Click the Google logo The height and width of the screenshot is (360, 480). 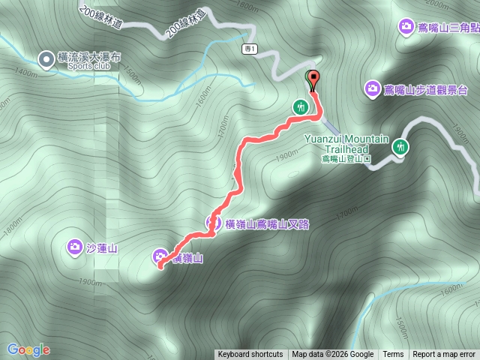(x=28, y=349)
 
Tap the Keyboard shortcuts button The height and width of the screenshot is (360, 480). (x=250, y=355)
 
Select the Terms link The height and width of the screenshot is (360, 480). (x=393, y=355)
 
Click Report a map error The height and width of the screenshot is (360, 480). (x=444, y=355)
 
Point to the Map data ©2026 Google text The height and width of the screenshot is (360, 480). (x=333, y=355)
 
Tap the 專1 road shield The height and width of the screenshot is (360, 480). (x=250, y=49)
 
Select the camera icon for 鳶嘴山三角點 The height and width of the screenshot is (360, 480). (x=406, y=27)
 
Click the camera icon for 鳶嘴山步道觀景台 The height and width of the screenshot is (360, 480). (x=373, y=89)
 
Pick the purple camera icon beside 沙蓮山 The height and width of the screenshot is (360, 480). (x=74, y=246)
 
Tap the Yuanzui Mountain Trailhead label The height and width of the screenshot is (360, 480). (x=346, y=144)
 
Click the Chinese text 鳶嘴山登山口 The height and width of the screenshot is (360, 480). (x=346, y=159)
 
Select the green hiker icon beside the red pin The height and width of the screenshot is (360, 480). (x=301, y=106)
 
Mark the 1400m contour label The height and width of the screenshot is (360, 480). (x=25, y=73)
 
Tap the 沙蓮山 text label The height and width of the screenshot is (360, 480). (x=102, y=247)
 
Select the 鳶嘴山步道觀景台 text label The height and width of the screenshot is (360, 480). (x=426, y=90)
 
